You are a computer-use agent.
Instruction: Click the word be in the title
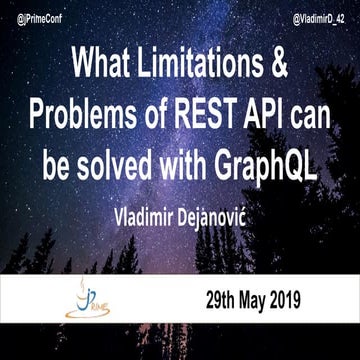[x=58, y=164]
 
